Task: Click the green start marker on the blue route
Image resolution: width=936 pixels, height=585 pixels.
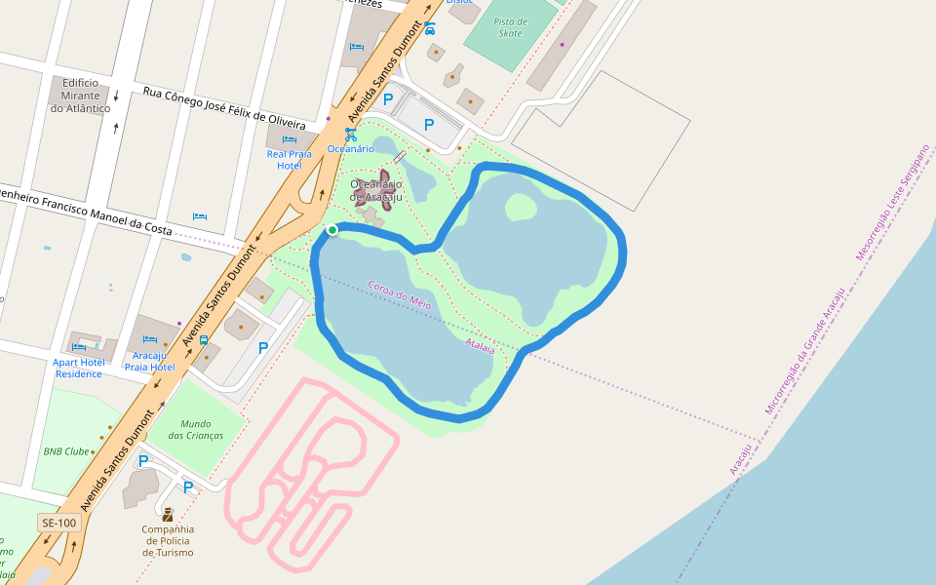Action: tap(332, 230)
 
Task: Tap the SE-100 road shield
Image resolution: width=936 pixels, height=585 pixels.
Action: tap(59, 523)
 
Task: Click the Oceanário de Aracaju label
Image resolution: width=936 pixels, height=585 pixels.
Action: tap(376, 190)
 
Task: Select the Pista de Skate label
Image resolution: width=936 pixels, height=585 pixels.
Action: tap(510, 27)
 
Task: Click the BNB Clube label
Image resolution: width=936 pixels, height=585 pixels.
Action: tap(66, 451)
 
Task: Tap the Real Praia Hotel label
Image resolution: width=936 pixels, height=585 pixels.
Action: tap(290, 159)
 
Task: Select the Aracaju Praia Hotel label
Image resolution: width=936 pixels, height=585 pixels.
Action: tap(150, 361)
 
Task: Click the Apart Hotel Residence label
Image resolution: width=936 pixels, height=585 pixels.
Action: tap(79, 368)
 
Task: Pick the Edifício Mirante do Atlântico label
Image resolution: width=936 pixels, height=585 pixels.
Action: tap(81, 96)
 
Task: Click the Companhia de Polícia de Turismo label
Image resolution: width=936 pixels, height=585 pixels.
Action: tap(168, 541)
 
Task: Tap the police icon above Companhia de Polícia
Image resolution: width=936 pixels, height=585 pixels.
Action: tap(168, 513)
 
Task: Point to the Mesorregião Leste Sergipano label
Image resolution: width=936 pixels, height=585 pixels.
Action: tap(892, 203)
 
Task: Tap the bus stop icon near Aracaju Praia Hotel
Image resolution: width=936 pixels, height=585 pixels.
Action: tap(204, 340)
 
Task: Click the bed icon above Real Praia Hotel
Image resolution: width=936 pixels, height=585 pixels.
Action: tap(289, 139)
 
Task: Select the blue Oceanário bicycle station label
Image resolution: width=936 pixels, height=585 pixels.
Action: tap(350, 148)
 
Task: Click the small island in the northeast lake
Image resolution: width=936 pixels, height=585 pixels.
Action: tap(521, 206)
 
